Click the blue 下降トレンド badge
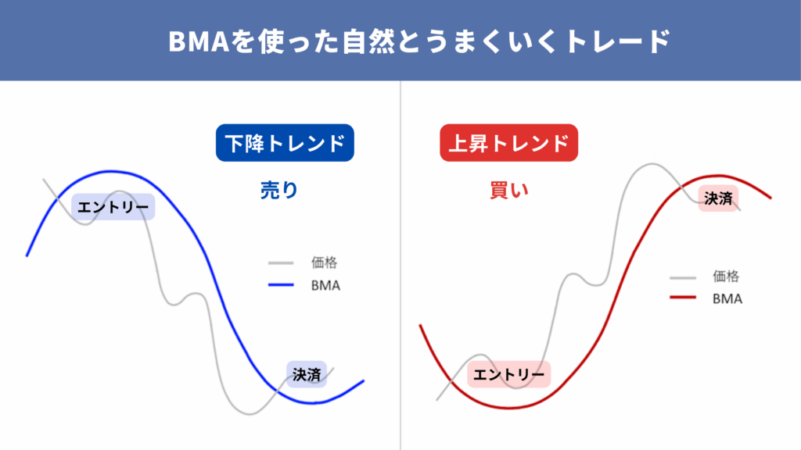[x=285, y=143]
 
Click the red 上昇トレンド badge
[x=508, y=143]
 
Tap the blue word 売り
[x=279, y=191]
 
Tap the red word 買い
[x=508, y=191]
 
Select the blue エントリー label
[x=113, y=206]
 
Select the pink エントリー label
[x=508, y=374]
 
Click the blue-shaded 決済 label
[x=307, y=374]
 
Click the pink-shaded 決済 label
[x=718, y=198]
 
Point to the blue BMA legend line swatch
[x=281, y=284]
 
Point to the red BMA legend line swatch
[x=683, y=297]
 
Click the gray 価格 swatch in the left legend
[x=281, y=262]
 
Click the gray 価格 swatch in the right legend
[x=683, y=277]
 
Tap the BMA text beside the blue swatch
[x=325, y=285]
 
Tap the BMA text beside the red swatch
[x=727, y=298]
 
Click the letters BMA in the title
[x=198, y=41]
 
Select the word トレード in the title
[x=618, y=41]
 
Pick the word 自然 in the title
[x=368, y=41]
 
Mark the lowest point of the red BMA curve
[x=508, y=408]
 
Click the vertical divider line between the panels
[x=400, y=266]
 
